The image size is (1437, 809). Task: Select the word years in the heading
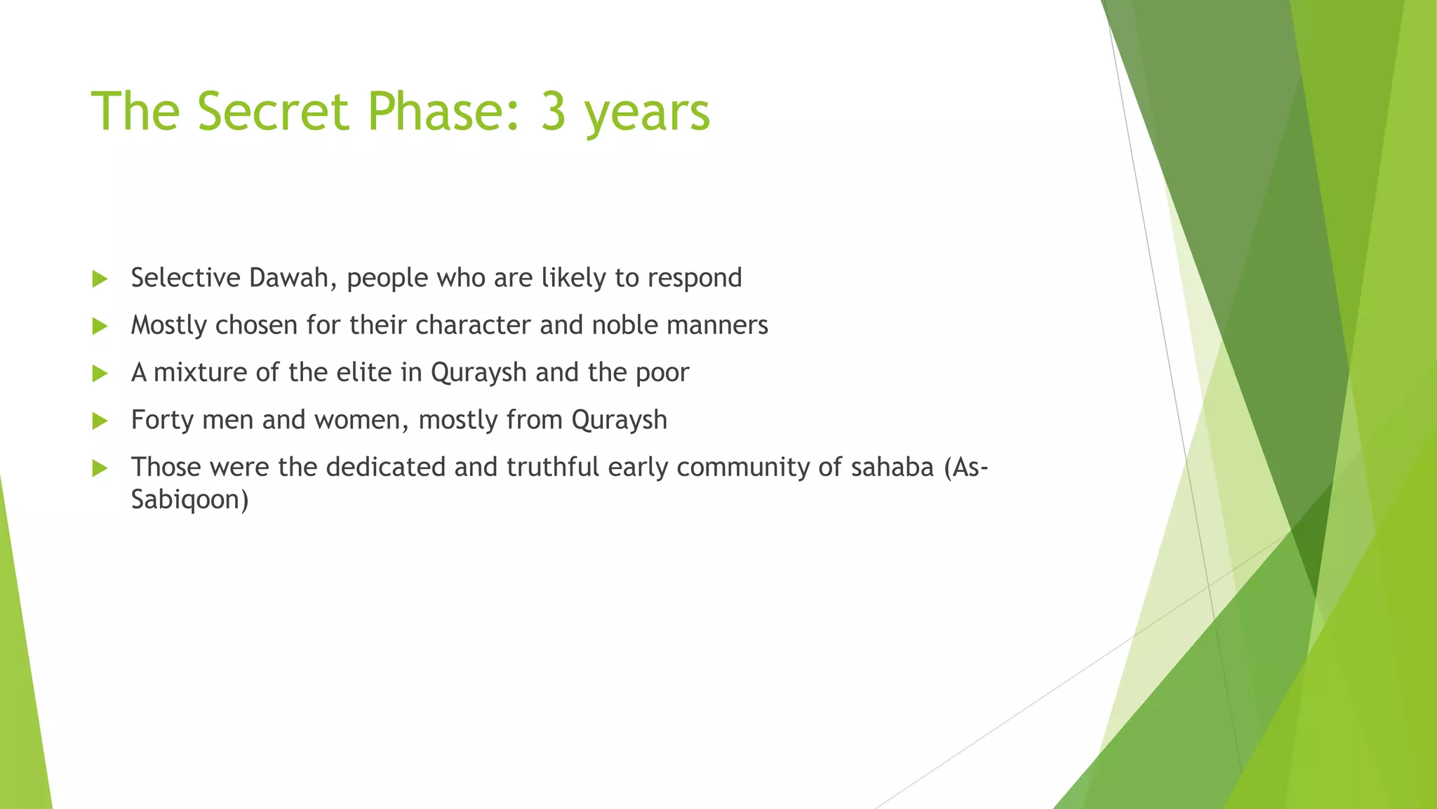[x=647, y=114]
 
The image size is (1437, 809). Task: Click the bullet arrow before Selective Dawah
[x=100, y=279]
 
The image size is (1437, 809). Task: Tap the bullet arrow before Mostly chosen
[x=100, y=326]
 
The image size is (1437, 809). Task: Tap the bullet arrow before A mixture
[x=100, y=373]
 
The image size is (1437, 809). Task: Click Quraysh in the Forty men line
[x=619, y=421]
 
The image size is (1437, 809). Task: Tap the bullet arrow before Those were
[x=100, y=468]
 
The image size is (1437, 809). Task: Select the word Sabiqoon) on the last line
[x=189, y=500]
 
